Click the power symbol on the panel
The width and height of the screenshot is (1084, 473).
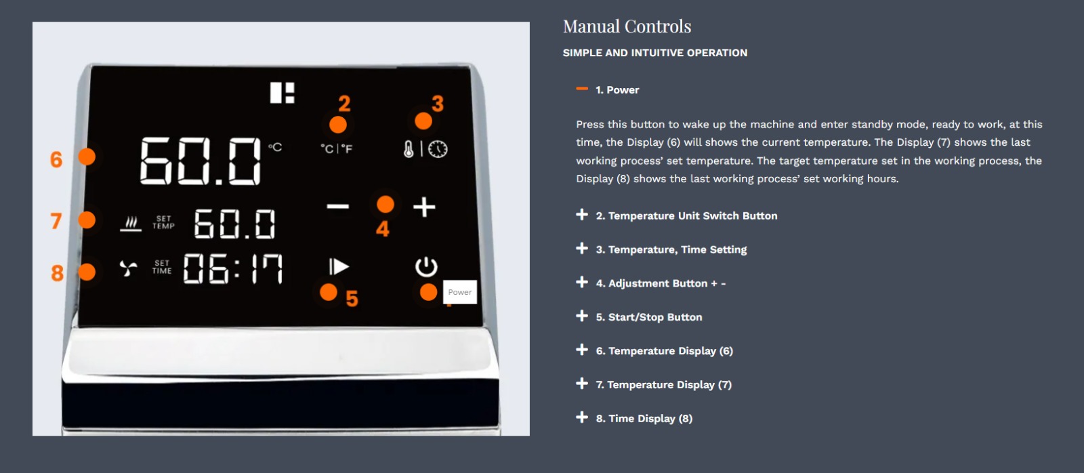tap(426, 267)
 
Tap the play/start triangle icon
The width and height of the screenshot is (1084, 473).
tap(339, 267)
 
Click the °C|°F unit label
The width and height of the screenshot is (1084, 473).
tap(337, 148)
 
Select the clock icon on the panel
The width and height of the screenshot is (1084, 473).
tap(438, 149)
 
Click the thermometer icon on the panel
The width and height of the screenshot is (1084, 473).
tap(409, 149)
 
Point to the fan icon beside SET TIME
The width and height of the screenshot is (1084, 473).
tap(128, 268)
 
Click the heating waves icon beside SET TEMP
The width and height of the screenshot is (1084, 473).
tap(131, 224)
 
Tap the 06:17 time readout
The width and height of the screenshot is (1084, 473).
tap(233, 269)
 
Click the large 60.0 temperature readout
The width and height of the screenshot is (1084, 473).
tap(201, 161)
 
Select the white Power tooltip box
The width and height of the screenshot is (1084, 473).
tap(460, 292)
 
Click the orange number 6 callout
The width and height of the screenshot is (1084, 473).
tap(56, 159)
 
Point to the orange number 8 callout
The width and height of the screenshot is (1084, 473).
tap(57, 273)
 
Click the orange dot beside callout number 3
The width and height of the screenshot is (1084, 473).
tap(423, 121)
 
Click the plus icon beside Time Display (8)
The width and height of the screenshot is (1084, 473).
tap(582, 417)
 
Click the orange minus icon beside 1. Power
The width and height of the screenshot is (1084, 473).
tap(582, 89)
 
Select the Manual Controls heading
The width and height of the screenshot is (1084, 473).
tap(627, 26)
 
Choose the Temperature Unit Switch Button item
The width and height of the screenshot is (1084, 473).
tap(687, 216)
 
